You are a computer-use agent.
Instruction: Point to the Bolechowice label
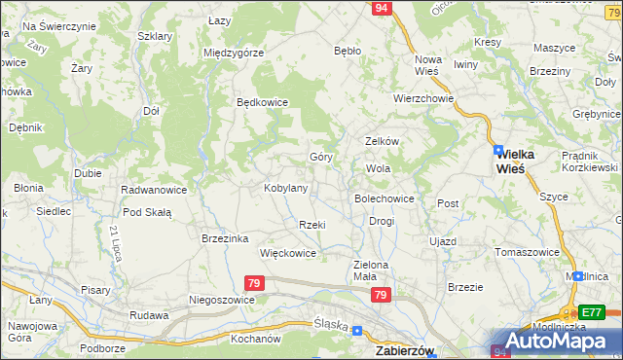point(385,198)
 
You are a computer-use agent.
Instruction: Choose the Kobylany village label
point(286,188)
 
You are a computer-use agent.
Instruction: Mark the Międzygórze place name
point(234,53)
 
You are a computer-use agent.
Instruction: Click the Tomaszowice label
point(527,251)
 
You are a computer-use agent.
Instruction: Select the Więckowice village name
point(288,253)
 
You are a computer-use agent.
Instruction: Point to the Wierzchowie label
point(424,98)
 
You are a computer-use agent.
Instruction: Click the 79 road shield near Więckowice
point(254,283)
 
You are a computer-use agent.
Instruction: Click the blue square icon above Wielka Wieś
point(498,150)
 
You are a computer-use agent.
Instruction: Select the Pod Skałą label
point(147,212)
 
